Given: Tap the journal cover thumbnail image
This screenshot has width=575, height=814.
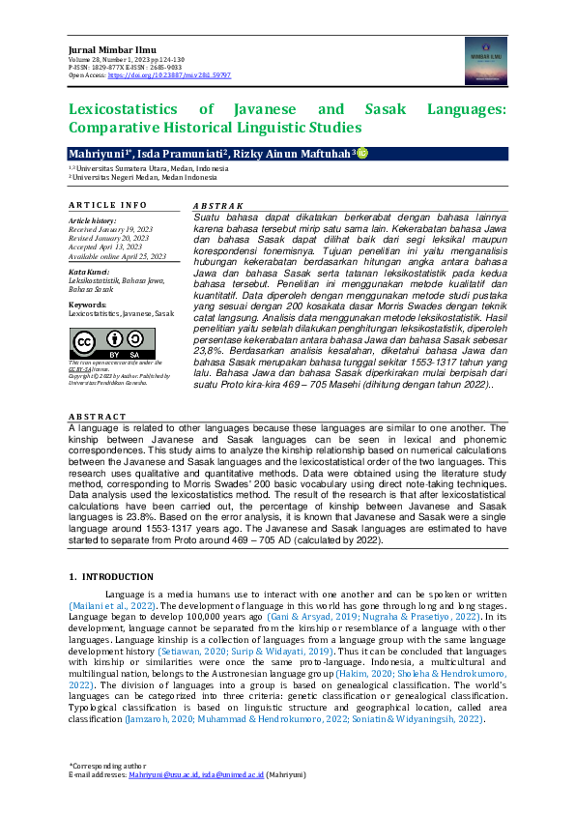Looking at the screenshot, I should (x=486, y=60).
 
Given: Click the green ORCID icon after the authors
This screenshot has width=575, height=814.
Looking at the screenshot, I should (x=362, y=154).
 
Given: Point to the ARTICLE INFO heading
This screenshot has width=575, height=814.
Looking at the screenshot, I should (x=107, y=205).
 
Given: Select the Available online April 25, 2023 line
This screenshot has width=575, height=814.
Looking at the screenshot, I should (x=117, y=256).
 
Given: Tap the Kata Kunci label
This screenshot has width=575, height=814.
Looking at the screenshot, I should (x=89, y=272).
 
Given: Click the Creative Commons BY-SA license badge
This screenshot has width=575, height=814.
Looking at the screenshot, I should (x=112, y=343).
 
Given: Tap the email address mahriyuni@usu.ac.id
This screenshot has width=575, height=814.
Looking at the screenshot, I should (x=164, y=775).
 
